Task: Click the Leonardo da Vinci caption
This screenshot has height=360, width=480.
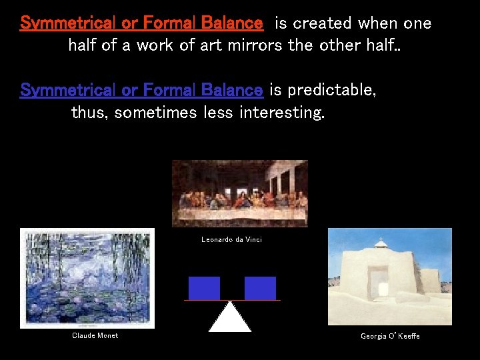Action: (x=231, y=239)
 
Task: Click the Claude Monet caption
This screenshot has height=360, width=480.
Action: (x=95, y=336)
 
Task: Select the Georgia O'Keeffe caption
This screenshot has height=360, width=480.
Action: (x=390, y=336)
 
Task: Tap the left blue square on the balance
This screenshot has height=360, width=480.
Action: (x=204, y=288)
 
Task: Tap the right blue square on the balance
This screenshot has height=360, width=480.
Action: (x=260, y=288)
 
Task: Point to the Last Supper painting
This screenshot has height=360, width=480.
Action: (x=239, y=193)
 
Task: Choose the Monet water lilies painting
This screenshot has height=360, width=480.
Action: (x=87, y=278)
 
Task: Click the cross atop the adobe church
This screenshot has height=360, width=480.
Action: (x=380, y=240)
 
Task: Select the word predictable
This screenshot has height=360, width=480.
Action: (x=331, y=90)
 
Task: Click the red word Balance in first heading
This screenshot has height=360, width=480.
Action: (x=232, y=23)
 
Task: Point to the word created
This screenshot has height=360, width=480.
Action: (x=322, y=23)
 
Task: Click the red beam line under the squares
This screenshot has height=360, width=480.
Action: (x=232, y=300)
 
